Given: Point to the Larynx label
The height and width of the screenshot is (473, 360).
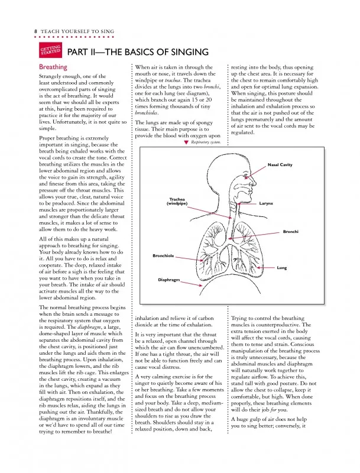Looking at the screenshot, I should click(x=265, y=203).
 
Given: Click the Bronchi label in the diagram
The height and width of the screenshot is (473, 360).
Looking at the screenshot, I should click(x=291, y=231).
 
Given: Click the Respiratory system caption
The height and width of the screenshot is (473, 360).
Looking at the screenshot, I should click(x=206, y=142).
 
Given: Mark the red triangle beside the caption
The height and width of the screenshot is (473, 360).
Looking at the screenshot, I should click(x=186, y=142).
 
